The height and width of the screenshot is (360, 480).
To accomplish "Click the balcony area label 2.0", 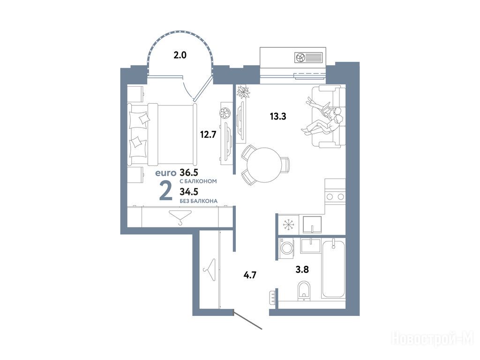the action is pos(180,55).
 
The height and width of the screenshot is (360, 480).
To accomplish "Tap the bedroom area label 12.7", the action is pos(208,135).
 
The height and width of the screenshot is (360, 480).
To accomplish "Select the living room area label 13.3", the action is pos(278,116).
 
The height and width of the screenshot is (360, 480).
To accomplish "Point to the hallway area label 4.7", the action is pos(249,275).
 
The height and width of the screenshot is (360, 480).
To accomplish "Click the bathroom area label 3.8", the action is pos(302,270).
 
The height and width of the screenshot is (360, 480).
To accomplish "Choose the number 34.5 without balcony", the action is pos(189,192).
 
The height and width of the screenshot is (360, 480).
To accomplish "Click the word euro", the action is pos(166,173).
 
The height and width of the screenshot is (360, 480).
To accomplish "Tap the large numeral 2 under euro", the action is pos(165,191).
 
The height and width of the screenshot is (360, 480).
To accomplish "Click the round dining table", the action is pos(263,165).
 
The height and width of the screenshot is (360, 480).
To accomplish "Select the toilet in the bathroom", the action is pos(304,289).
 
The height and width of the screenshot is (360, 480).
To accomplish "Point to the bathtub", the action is pos(333,269).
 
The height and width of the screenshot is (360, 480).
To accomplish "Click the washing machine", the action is pos(287,247).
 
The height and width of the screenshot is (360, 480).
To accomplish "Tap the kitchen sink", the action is pos(312,225).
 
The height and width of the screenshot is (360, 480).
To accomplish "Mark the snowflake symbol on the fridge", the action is pos(288,225).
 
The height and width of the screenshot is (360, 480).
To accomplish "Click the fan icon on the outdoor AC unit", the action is pos(300,57).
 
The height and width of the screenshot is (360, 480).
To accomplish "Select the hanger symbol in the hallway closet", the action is pos(209,270).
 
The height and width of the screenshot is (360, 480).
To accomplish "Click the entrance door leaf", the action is pos(247,320).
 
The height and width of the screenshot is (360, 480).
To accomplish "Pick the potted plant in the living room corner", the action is pos(244,91).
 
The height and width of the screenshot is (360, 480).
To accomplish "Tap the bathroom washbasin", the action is pos(310,246).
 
